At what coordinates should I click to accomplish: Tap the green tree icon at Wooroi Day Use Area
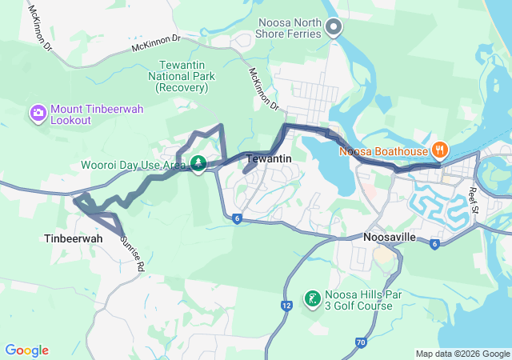click(x=198, y=164)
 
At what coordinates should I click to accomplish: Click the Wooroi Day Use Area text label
click(x=133, y=166)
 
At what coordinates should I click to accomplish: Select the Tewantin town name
click(x=268, y=158)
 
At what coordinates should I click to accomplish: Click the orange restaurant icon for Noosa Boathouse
click(x=439, y=150)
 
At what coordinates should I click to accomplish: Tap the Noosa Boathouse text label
click(x=384, y=150)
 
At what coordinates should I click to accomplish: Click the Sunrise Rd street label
click(x=132, y=254)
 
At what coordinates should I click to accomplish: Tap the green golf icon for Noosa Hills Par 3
click(x=310, y=299)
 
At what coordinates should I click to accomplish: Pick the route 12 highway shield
click(x=286, y=305)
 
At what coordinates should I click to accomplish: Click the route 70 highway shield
click(x=361, y=343)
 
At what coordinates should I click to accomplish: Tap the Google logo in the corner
click(x=26, y=350)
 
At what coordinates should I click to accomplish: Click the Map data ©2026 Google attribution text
click(x=462, y=354)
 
